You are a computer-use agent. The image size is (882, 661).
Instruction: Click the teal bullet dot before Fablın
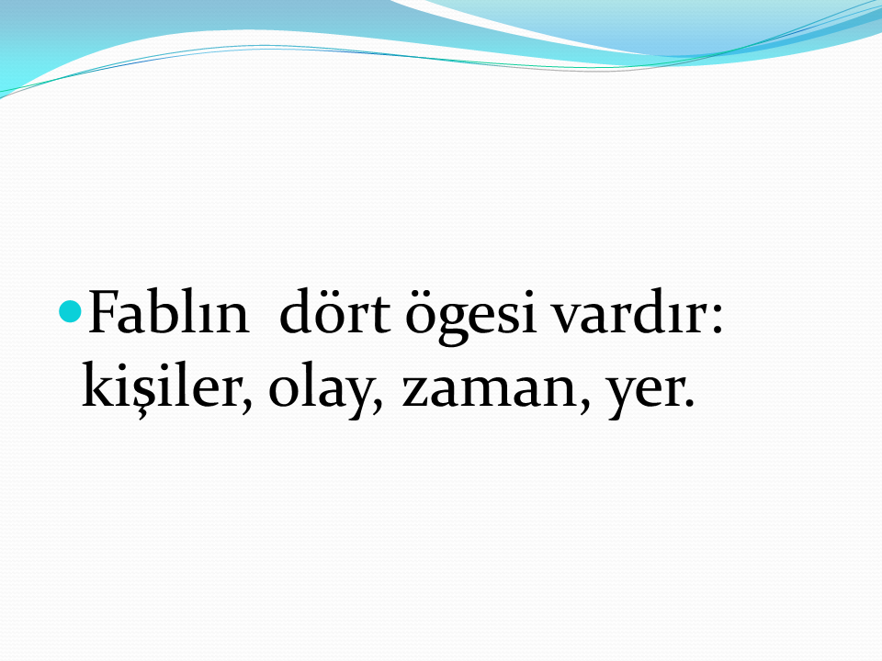(71, 311)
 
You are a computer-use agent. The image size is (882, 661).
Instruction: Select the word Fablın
(168, 311)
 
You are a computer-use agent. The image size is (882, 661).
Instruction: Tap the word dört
(334, 311)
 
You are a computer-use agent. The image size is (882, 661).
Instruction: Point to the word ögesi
(470, 318)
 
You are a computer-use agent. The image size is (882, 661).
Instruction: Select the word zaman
(490, 390)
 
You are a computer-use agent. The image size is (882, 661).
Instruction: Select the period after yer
(688, 402)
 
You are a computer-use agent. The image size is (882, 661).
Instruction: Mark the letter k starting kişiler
(98, 385)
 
